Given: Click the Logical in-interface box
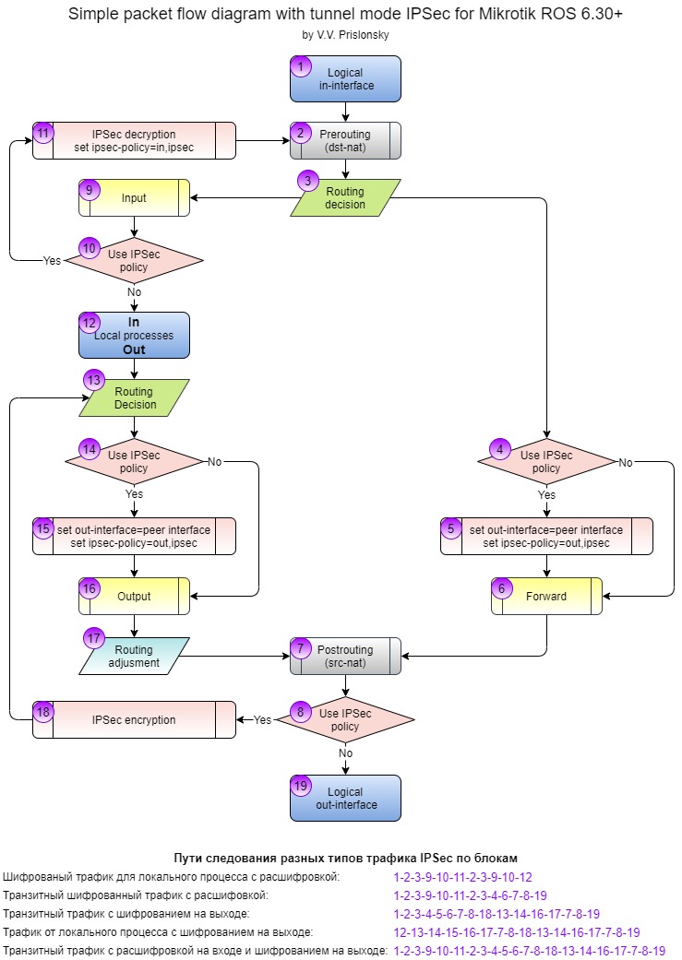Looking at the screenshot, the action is [345, 79].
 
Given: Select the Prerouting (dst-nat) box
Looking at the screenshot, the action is [345, 141].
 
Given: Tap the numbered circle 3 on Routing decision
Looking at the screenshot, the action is [307, 181].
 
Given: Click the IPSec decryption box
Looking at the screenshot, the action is [134, 141].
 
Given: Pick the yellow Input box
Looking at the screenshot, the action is [134, 197].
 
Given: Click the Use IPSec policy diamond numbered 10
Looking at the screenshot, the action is [134, 261].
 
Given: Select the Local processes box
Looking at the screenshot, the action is [134, 336].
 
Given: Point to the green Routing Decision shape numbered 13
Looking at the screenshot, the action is [134, 398].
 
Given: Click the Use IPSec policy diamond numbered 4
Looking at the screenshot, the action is [546, 462].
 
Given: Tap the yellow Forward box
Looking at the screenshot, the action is [546, 597].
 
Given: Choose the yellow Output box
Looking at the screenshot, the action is [134, 597].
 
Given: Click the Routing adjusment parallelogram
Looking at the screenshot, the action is [134, 657].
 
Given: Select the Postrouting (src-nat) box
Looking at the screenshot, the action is [345, 657].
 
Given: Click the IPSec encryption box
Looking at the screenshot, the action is [134, 720].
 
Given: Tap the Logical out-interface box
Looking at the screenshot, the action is [345, 799].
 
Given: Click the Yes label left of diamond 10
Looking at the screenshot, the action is [52, 261].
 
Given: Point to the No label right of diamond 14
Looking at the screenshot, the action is [214, 462].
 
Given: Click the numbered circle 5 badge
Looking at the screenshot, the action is [451, 528].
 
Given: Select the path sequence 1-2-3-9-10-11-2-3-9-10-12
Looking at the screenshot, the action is [462, 877].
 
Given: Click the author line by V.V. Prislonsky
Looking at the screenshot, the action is [345, 35].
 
